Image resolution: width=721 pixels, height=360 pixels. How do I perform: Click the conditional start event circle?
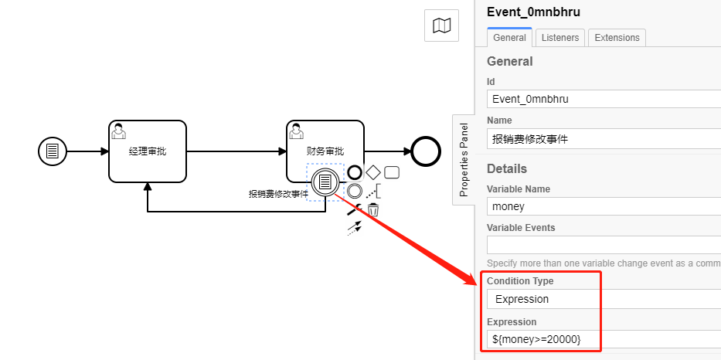(x=53, y=151)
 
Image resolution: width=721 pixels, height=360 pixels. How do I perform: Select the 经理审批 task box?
(x=148, y=151)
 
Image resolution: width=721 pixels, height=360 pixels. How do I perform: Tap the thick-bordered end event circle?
(x=425, y=151)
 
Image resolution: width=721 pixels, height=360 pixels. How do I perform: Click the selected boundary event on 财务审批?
(x=325, y=182)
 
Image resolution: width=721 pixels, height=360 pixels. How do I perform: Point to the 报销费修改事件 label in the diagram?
(x=278, y=194)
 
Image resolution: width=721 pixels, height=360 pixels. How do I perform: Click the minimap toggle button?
(x=442, y=26)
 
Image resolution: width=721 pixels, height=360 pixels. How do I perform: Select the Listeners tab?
(x=560, y=37)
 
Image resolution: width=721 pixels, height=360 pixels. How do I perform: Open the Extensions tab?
(x=617, y=37)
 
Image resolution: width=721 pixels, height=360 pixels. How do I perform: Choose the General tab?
(x=509, y=37)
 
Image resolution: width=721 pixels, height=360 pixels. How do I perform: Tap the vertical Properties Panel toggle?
(x=464, y=160)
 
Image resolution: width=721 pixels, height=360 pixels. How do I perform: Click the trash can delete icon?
(x=373, y=209)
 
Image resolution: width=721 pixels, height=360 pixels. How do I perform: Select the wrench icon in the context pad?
(x=354, y=209)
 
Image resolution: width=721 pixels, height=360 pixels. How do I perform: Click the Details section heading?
(x=507, y=168)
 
